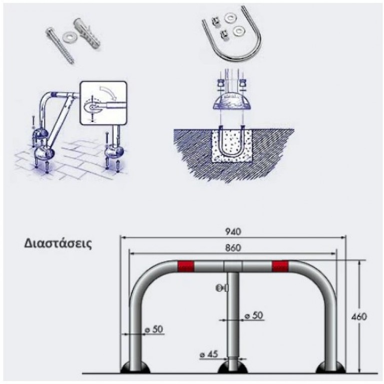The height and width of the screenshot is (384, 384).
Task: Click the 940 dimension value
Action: coord(233,231)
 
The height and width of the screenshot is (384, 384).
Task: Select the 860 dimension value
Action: coord(233,247)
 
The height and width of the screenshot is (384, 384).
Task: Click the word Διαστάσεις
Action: coord(58,246)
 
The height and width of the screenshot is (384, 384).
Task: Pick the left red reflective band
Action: coord(186,266)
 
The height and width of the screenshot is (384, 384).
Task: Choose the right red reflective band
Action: coord(280,266)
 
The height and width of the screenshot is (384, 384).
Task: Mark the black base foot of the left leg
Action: coord(134,368)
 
